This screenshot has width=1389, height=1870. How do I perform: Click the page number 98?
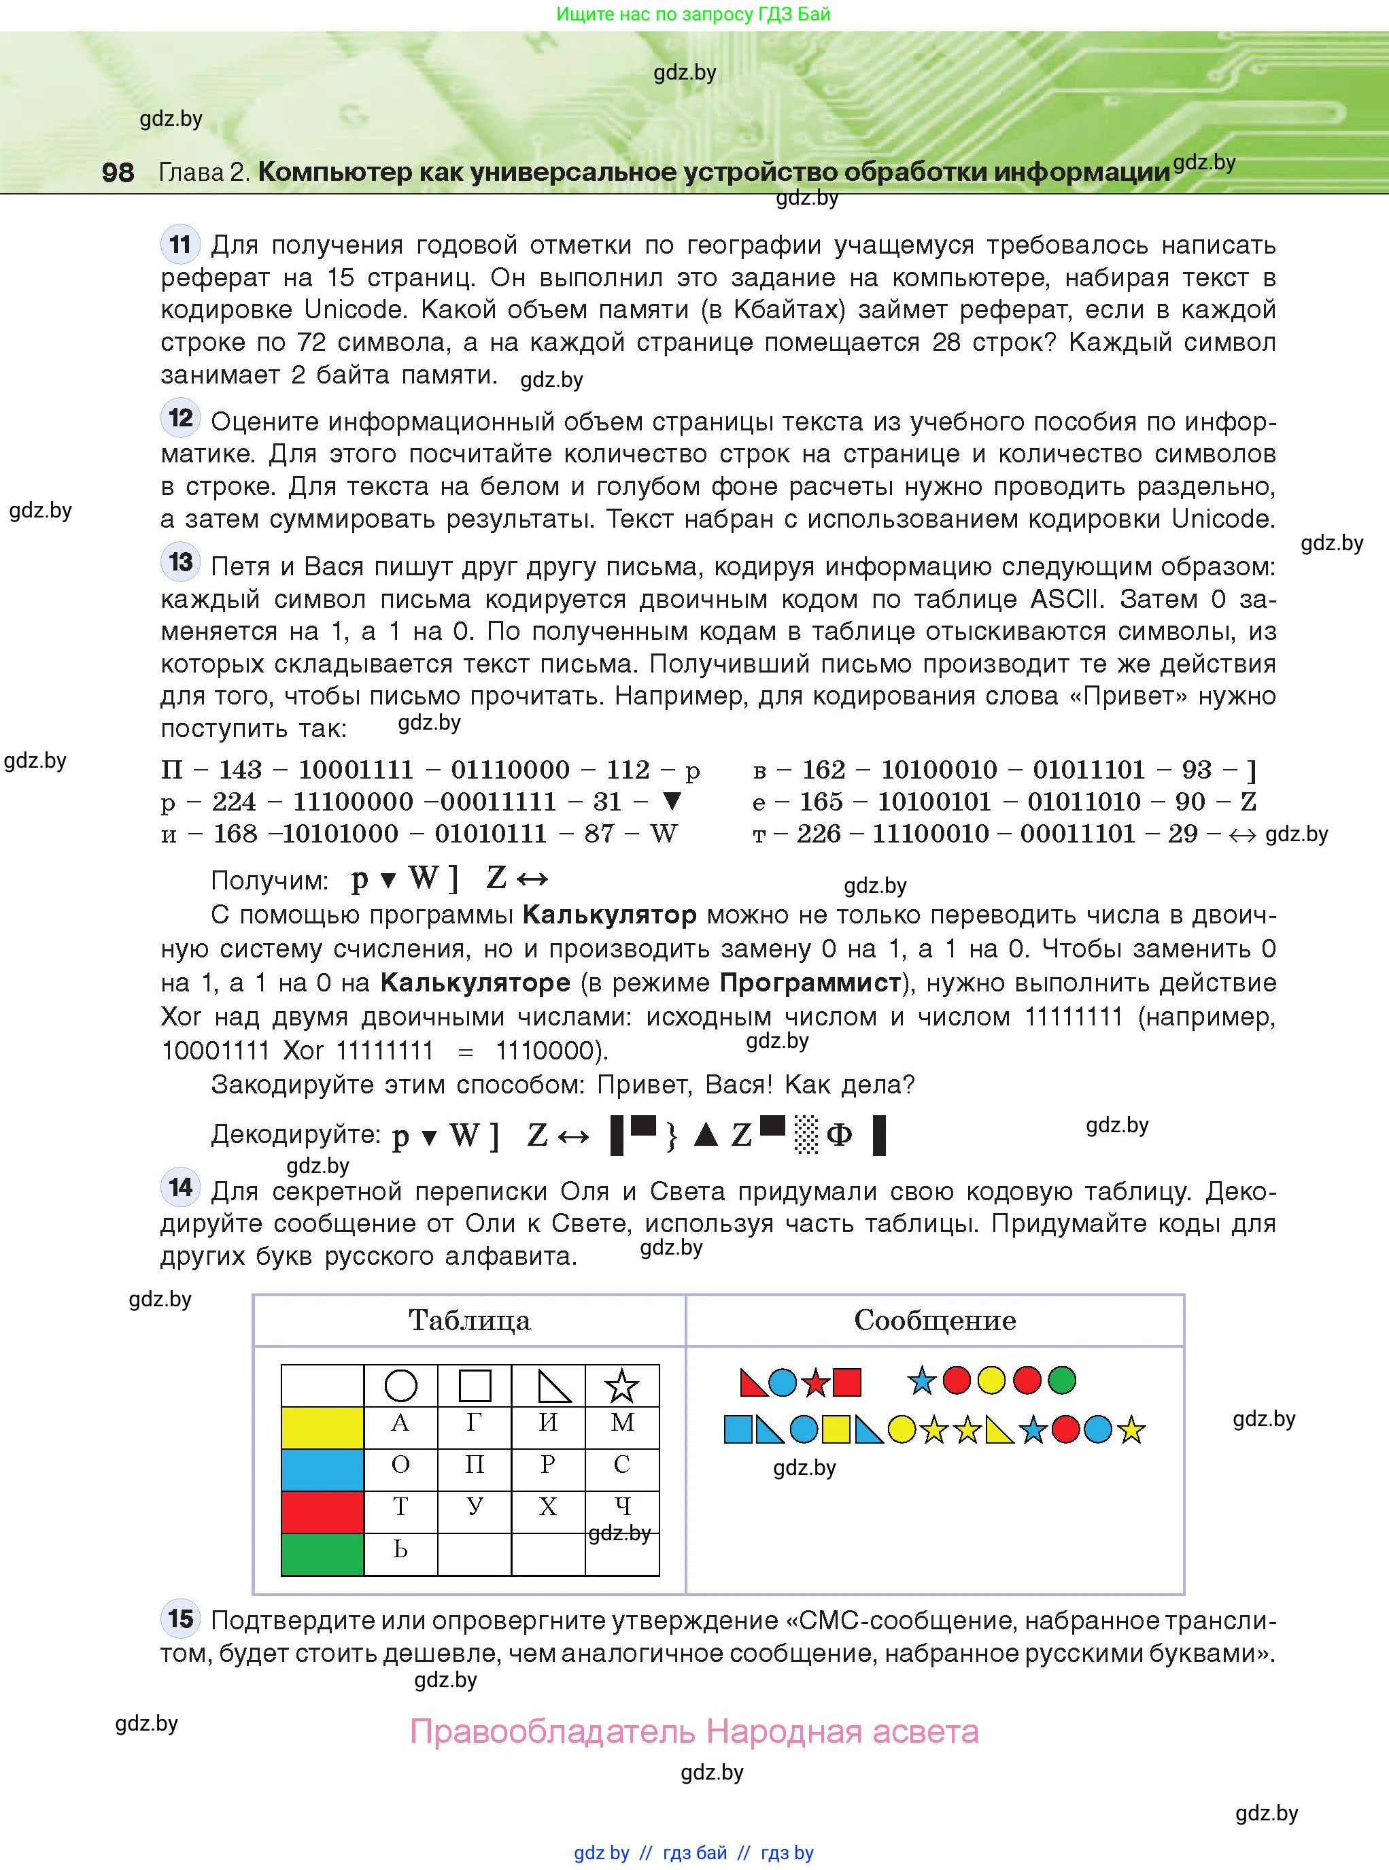(x=118, y=172)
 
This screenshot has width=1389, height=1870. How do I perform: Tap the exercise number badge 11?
(x=180, y=245)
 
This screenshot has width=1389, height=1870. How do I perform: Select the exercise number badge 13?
(x=180, y=562)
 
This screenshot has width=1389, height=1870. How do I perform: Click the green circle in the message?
(x=1062, y=1380)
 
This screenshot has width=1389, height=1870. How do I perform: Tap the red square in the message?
(x=846, y=1382)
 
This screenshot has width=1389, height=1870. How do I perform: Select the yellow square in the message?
(x=835, y=1429)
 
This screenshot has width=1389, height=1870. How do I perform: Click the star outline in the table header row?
(x=621, y=1386)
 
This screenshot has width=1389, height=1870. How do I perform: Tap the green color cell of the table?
(x=322, y=1554)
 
